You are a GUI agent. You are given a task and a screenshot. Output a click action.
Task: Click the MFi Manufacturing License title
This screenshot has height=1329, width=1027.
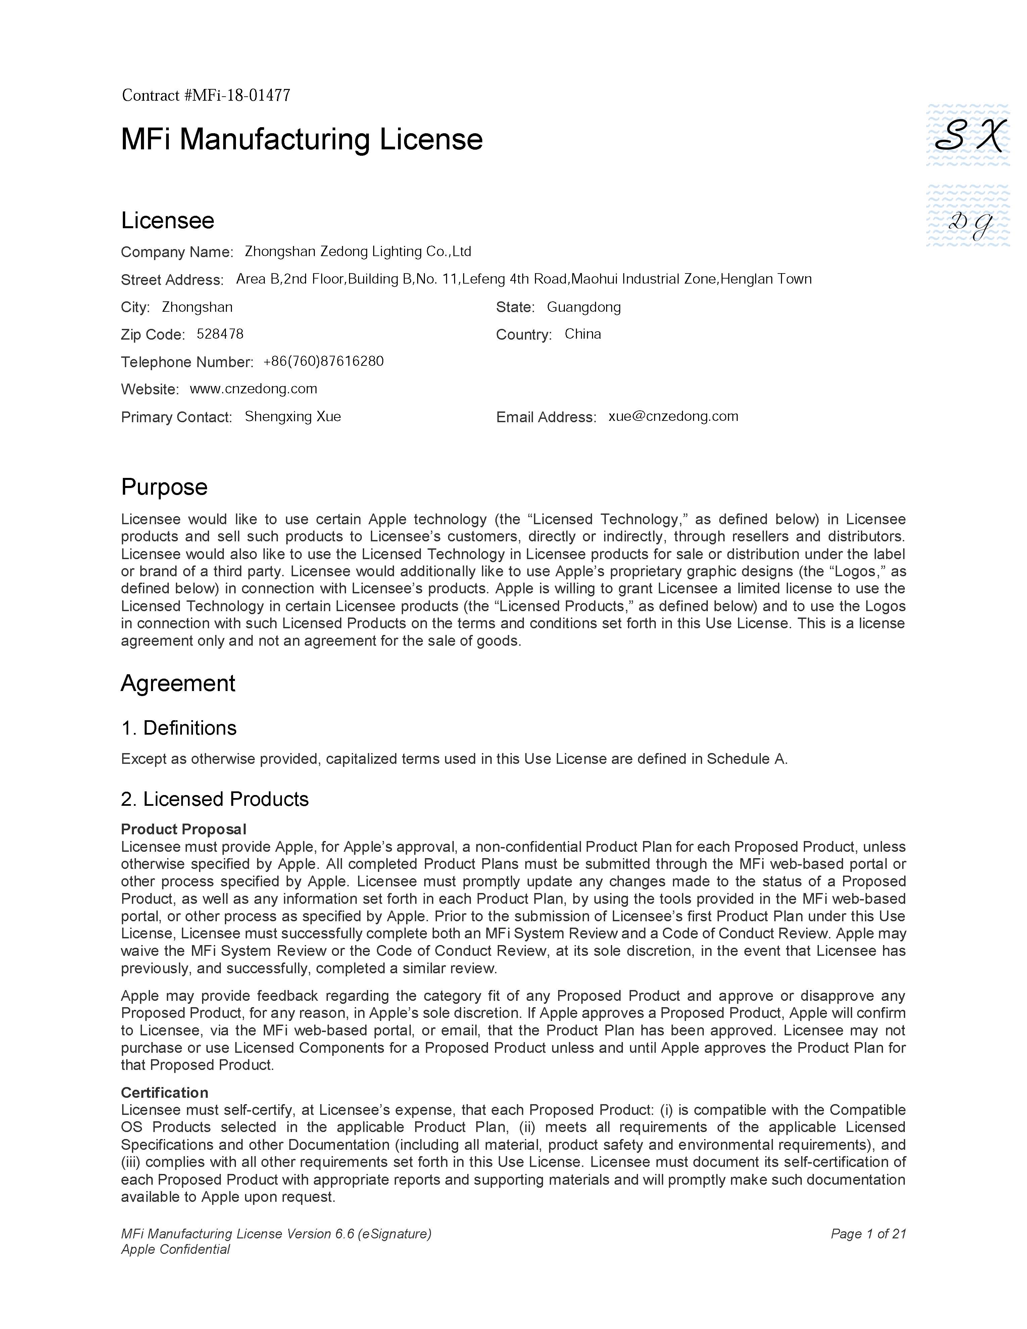[302, 139]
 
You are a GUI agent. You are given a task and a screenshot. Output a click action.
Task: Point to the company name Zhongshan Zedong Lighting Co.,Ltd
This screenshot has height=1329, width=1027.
[358, 251]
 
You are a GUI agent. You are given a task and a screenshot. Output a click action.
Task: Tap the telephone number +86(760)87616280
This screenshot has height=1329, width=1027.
[323, 361]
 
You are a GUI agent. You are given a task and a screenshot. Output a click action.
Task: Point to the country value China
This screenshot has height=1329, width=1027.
[582, 334]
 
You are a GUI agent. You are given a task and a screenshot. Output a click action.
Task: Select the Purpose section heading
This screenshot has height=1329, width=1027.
[164, 487]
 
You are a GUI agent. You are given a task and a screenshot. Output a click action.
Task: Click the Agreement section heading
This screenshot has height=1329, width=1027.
[178, 683]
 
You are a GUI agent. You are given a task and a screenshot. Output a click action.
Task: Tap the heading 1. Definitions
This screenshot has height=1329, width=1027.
[179, 728]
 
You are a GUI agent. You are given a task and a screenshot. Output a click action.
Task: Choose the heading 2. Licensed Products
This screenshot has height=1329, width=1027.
[215, 799]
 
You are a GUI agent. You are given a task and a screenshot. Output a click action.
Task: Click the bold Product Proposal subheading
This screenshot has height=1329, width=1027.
[184, 829]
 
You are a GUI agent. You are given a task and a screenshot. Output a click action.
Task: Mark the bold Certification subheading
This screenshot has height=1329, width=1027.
[164, 1092]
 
